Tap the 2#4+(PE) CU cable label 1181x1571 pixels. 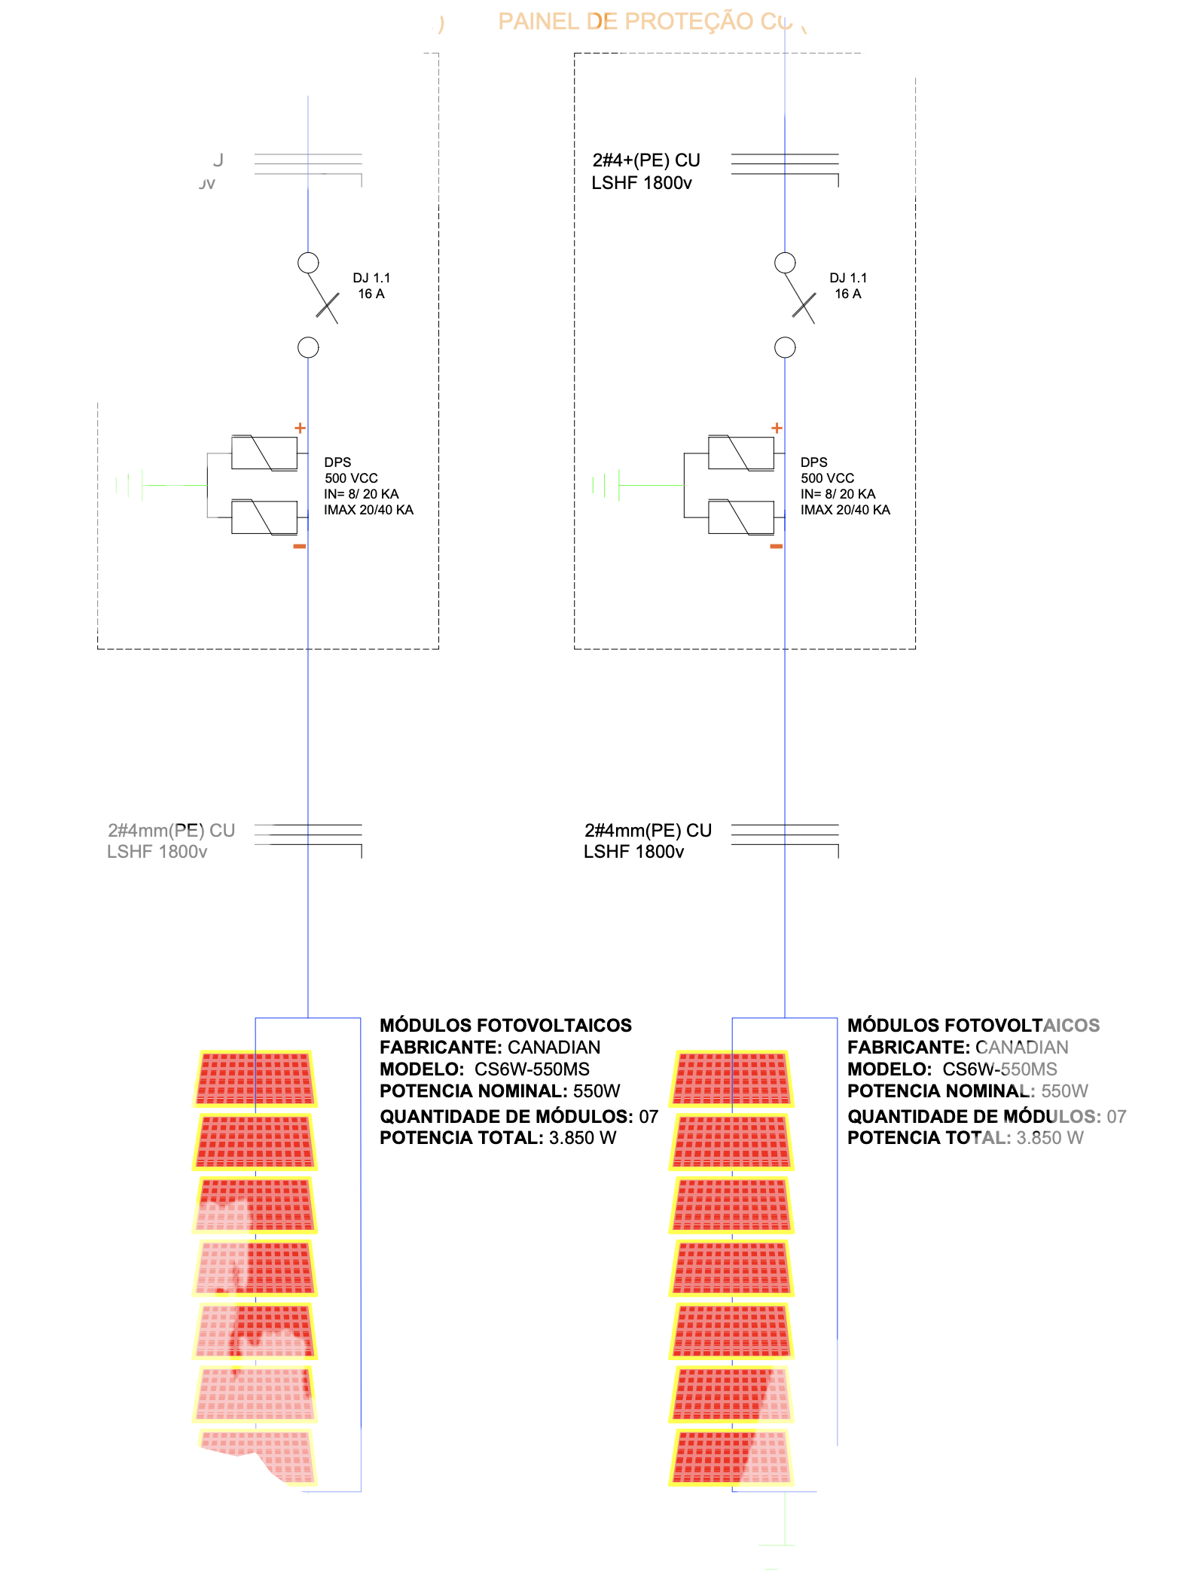point(646,160)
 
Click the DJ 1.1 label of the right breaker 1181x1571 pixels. point(848,278)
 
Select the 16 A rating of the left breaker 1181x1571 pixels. point(371,294)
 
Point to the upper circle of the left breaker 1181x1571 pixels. point(308,263)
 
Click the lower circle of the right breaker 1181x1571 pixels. point(785,347)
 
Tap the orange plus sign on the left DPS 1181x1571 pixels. point(300,428)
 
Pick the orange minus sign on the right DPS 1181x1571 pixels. point(777,546)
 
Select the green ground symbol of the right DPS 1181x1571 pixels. point(606,485)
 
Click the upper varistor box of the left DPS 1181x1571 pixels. point(264,453)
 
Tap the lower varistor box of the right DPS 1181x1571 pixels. point(740,517)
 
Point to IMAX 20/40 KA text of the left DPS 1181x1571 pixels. point(368,510)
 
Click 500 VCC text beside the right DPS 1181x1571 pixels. point(827,478)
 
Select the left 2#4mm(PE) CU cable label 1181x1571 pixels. point(171,830)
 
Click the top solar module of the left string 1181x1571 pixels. point(255,1078)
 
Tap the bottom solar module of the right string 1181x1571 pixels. point(731,1457)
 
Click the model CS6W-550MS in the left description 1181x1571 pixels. point(532,1069)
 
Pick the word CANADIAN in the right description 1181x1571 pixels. point(1021,1048)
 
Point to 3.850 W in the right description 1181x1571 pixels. point(1050,1138)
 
